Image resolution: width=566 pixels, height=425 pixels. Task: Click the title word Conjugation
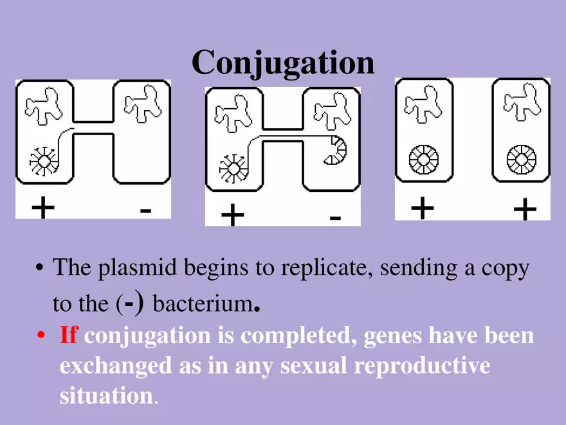[283, 62]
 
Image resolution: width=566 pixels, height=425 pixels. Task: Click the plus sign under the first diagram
[43, 208]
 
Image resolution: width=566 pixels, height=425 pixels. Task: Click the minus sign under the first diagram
[145, 210]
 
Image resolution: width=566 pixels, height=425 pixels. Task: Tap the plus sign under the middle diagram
[232, 216]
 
